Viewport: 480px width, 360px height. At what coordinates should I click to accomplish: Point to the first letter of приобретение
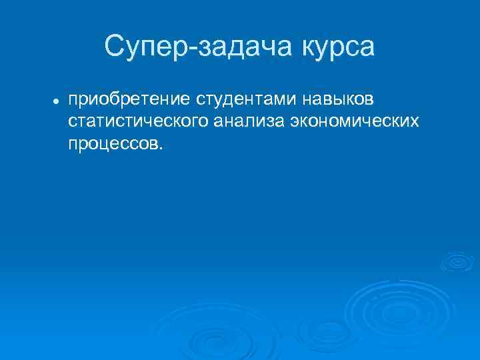coord(72,101)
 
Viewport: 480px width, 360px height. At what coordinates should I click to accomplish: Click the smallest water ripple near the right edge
coord(457,261)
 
